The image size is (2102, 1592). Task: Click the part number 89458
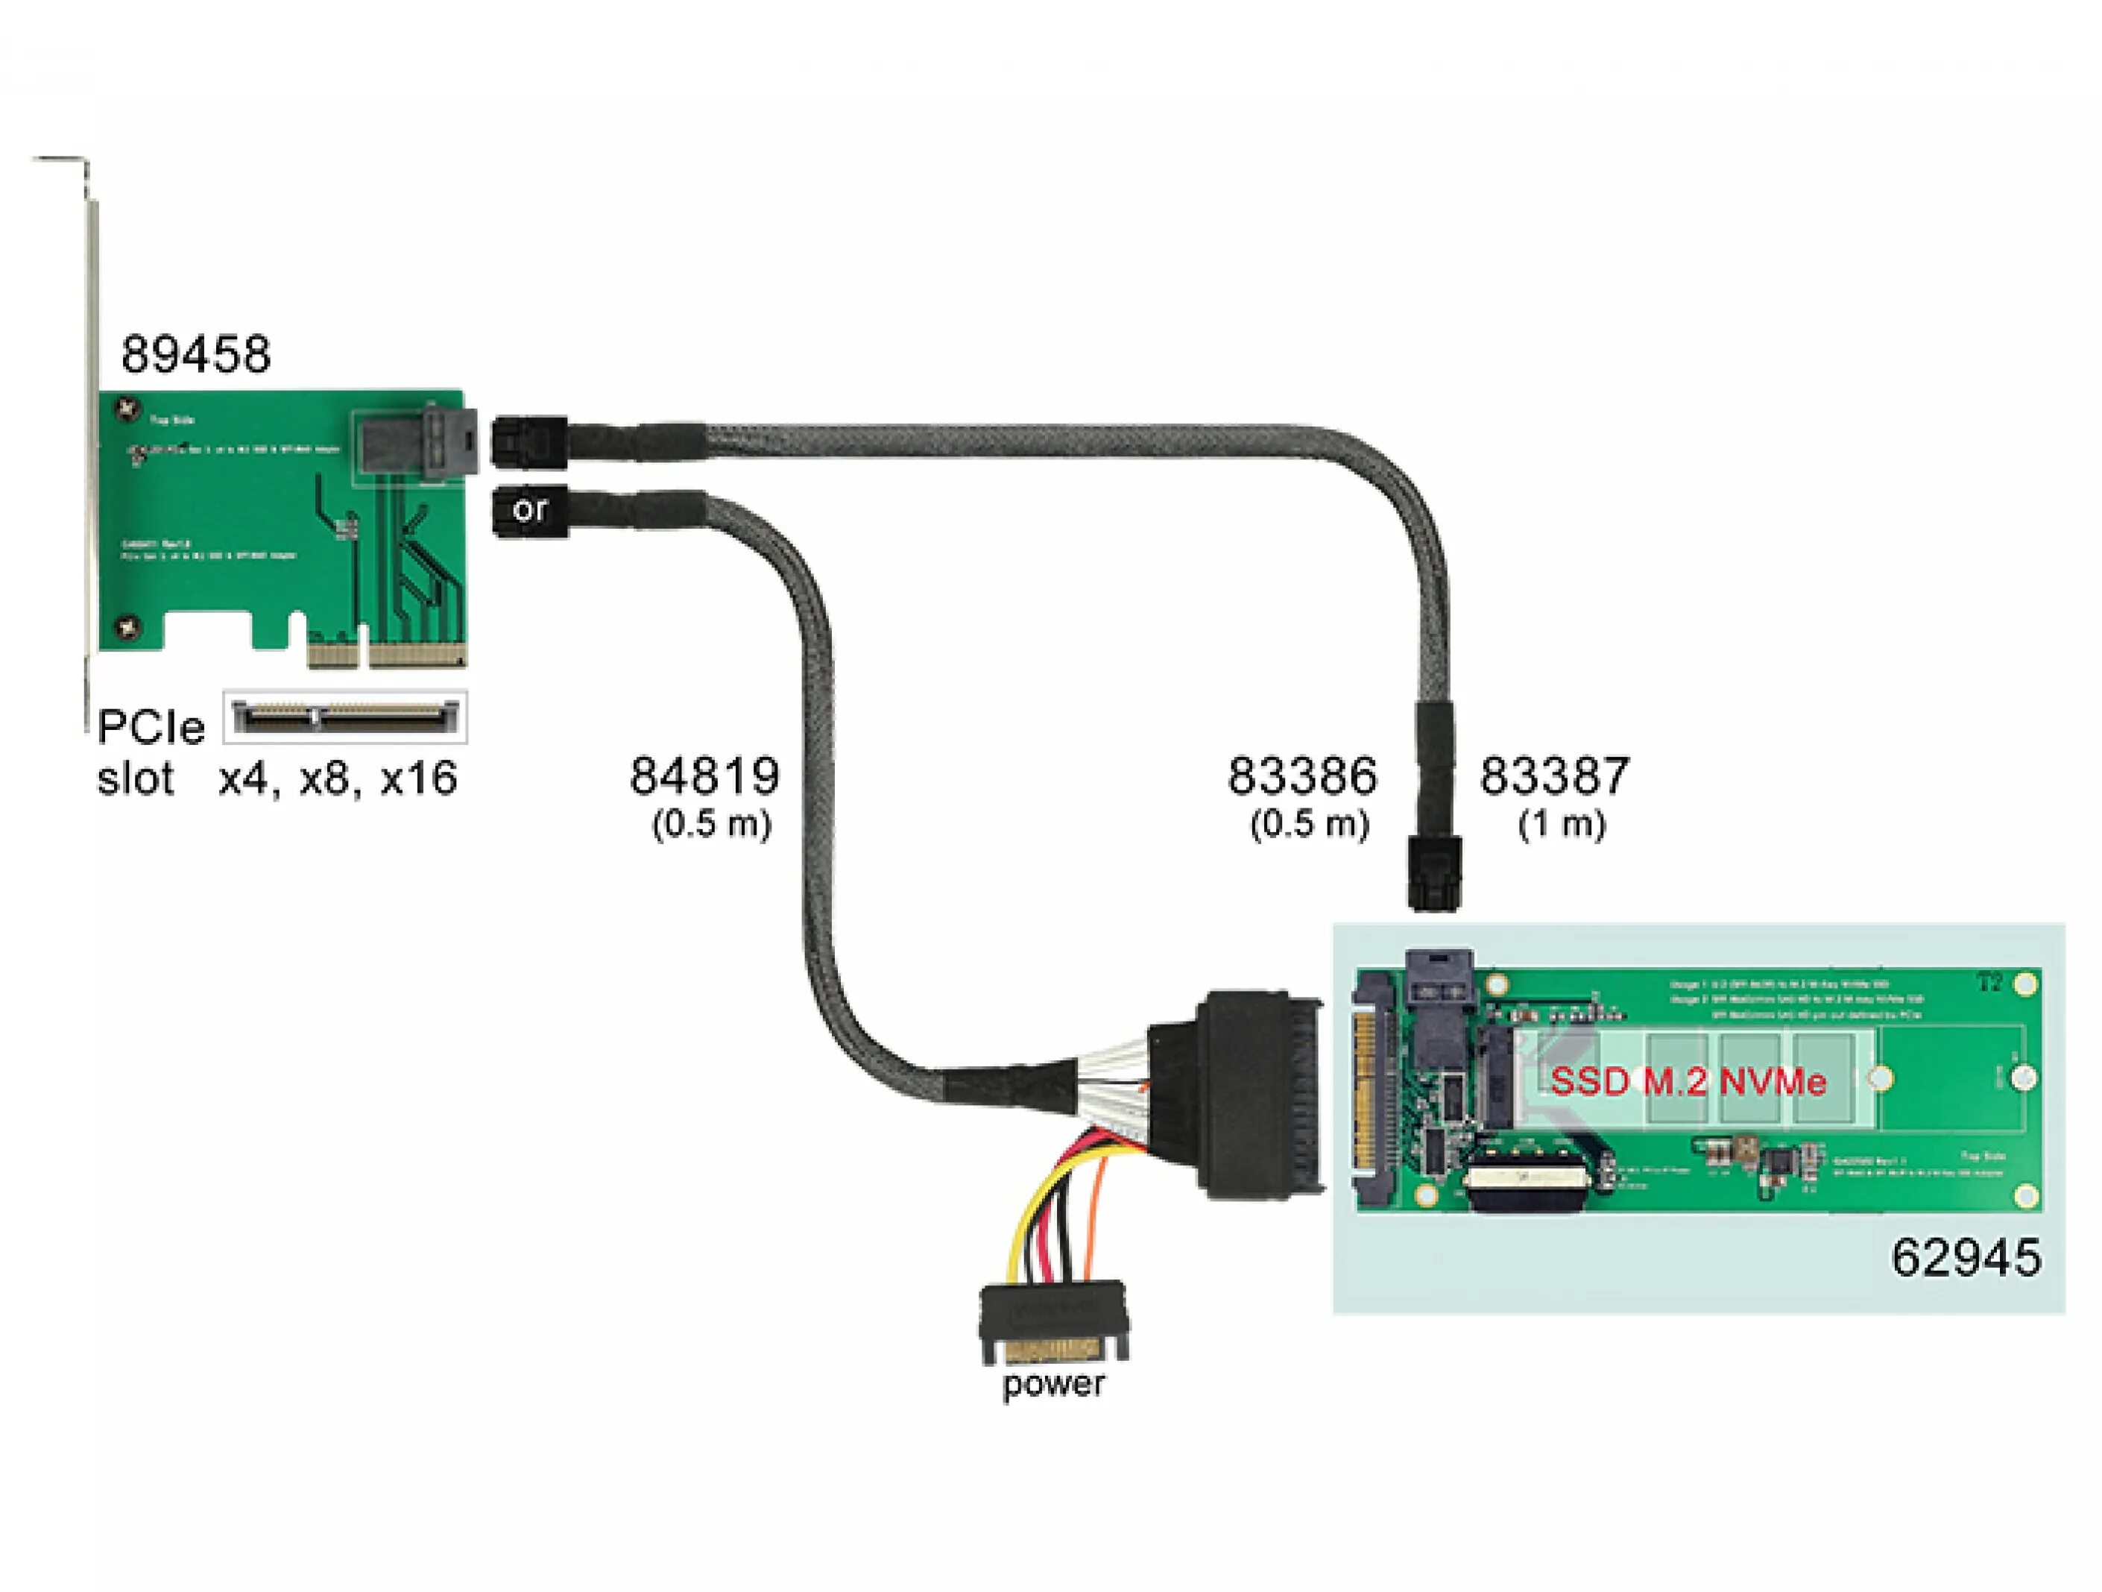(x=196, y=354)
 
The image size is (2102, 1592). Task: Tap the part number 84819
(x=705, y=775)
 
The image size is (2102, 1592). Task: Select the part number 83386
(x=1302, y=775)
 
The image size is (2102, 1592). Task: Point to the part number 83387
(x=1555, y=775)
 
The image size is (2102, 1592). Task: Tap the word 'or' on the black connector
(x=529, y=510)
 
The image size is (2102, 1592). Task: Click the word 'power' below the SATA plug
(x=1054, y=1383)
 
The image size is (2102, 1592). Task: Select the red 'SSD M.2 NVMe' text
(x=1688, y=1082)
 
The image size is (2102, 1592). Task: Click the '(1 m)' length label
(x=1562, y=823)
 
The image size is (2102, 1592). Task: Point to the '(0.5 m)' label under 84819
(x=712, y=823)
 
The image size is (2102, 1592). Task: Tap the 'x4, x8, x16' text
(x=338, y=778)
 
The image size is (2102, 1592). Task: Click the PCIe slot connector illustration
(x=345, y=717)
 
